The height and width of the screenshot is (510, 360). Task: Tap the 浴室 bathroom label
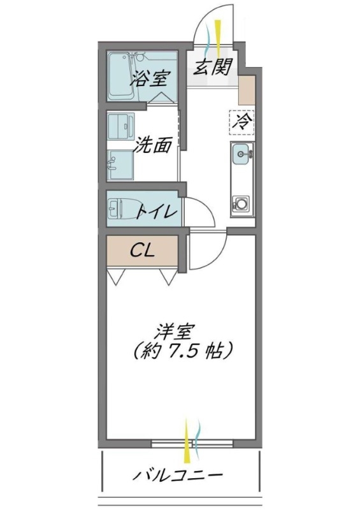[150, 80]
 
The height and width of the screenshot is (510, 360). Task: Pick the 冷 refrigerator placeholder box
[242, 121]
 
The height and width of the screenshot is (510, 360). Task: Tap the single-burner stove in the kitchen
[242, 204]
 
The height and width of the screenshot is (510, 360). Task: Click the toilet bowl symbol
[118, 208]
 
